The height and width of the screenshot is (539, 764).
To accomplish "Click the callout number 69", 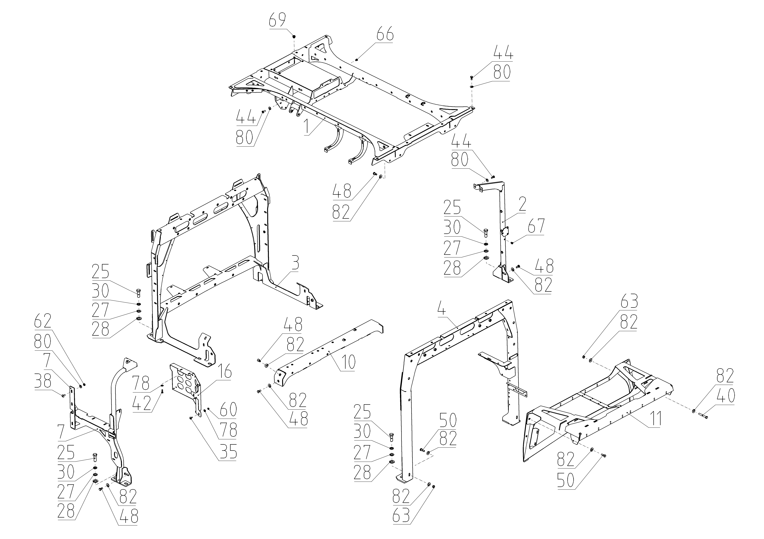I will point(278,21).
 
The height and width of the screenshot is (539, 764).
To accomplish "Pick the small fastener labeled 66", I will point(356,60).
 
